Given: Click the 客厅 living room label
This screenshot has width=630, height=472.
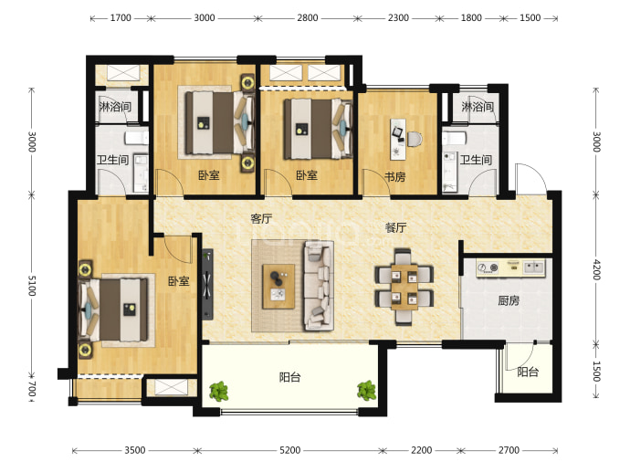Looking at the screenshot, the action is [261, 219].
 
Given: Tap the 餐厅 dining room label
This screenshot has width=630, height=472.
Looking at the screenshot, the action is [395, 227].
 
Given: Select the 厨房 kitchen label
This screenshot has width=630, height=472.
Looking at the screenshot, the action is [509, 300].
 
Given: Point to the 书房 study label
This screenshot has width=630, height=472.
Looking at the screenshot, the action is [395, 177].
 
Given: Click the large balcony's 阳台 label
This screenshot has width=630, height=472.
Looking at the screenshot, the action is [289, 377].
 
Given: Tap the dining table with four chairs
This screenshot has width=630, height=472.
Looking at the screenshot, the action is [404, 287].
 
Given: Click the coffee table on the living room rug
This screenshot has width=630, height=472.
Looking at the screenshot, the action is [278, 287].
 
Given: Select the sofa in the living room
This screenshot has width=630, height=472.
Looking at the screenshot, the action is [319, 285].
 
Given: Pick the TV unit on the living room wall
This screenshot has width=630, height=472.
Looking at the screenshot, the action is [207, 284].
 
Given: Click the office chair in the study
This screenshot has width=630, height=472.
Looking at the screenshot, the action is [415, 139].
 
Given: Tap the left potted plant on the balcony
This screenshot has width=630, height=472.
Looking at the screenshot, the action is [219, 391].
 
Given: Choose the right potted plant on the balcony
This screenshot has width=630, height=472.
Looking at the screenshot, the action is [366, 391].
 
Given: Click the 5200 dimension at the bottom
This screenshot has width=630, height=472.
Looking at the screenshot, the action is [289, 450].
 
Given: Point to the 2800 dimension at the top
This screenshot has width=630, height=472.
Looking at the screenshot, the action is [308, 17].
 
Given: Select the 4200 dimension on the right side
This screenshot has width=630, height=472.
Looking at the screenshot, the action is [596, 269].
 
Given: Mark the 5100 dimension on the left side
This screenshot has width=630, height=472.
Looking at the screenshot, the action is [32, 286].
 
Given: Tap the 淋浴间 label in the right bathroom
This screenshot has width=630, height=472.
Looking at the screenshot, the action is [478, 107].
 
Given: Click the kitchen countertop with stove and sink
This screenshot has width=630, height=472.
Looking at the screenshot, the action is [511, 267].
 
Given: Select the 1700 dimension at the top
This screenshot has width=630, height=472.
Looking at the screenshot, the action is [121, 17].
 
